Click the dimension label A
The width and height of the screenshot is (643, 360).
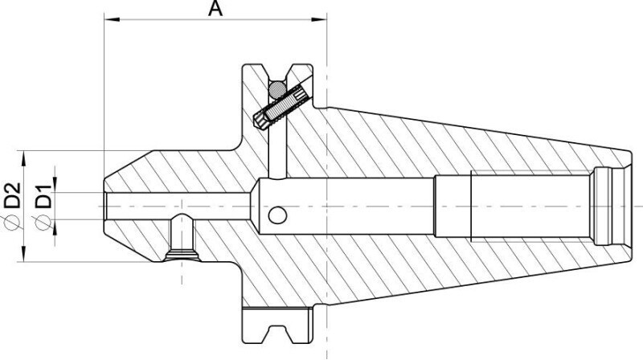(215, 8)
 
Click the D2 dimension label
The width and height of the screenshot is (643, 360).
(12, 194)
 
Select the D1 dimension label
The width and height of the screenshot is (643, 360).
(43, 196)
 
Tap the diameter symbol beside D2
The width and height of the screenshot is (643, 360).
(12, 222)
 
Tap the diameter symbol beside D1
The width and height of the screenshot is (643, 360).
(43, 223)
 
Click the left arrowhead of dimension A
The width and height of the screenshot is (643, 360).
(112, 18)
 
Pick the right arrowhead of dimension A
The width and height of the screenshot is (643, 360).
(319, 18)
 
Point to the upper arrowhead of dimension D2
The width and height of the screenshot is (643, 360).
(24, 158)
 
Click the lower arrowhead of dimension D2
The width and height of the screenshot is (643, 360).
(24, 254)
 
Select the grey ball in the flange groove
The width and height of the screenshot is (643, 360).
(277, 89)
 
